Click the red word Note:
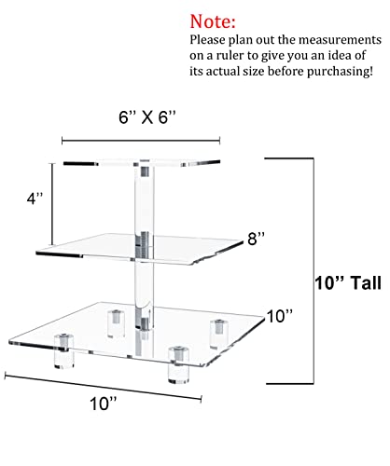[x=213, y=21]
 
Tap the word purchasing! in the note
[x=340, y=72]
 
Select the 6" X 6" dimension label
[x=147, y=117]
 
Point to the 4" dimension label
[x=35, y=199]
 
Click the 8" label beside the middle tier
[x=256, y=239]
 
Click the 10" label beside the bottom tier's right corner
[x=280, y=316]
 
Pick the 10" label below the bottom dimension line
[x=104, y=404]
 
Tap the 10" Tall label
[x=348, y=283]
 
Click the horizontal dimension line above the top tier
[x=141, y=141]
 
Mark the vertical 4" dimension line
[x=52, y=204]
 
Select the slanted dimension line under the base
[x=104, y=387]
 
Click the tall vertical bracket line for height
[x=313, y=271]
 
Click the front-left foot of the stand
[x=64, y=351]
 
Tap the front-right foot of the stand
[x=178, y=365]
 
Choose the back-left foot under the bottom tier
[x=116, y=323]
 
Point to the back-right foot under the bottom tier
[x=219, y=335]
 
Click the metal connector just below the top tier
[x=145, y=171]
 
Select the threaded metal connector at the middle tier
[x=143, y=244]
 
